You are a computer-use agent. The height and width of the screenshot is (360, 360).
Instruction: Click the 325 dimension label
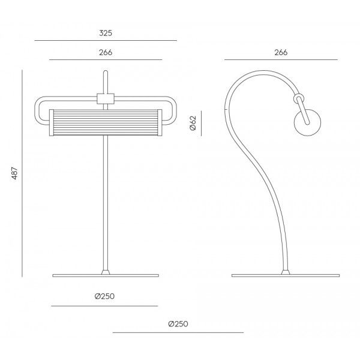point(106,33)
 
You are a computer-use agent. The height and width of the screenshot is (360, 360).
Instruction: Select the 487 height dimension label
point(14,173)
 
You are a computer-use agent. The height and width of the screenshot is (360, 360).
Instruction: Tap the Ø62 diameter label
point(193,123)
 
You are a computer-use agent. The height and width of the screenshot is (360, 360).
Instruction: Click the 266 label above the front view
point(106,52)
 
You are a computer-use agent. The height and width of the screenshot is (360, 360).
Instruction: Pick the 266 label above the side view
point(281,52)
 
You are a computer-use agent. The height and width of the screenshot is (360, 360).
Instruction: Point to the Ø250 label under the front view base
point(104,296)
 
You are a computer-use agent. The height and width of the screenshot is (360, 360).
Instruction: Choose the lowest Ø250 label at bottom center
point(178,324)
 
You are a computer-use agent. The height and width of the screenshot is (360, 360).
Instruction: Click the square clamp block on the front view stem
point(106,99)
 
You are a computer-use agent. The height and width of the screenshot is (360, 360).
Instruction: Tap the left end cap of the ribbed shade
point(52,123)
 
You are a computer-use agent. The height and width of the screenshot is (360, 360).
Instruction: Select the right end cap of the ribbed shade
point(160,123)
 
